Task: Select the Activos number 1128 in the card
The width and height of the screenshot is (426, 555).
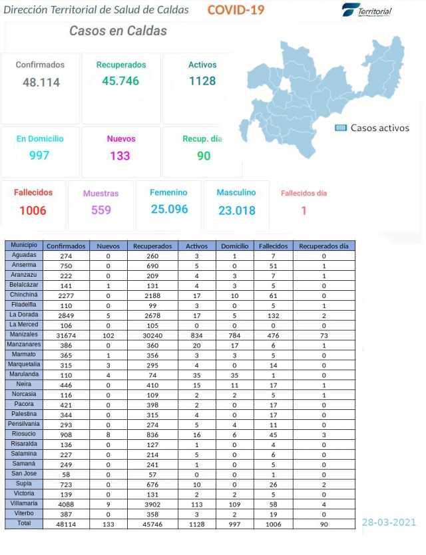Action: point(202,81)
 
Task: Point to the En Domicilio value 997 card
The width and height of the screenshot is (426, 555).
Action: point(39,156)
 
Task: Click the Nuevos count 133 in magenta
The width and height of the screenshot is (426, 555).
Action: point(120,156)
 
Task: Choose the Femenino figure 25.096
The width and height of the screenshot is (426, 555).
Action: point(169,210)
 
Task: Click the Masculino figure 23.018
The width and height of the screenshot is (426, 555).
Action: point(236,210)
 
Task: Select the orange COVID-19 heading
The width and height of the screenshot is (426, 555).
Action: point(236,10)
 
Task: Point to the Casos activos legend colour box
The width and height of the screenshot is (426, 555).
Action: point(341,128)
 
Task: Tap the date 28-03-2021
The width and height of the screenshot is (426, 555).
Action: point(389,522)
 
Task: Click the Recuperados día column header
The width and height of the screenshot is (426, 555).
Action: point(323,246)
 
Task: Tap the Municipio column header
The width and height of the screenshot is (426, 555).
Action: point(23,245)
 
